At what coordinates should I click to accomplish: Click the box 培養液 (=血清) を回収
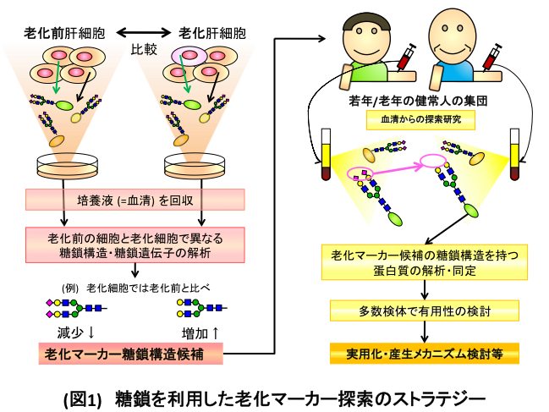coord(135,201)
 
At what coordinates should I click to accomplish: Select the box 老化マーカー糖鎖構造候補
coord(130,353)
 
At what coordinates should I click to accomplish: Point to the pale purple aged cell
coord(187,57)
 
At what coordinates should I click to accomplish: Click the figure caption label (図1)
coord(82,393)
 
